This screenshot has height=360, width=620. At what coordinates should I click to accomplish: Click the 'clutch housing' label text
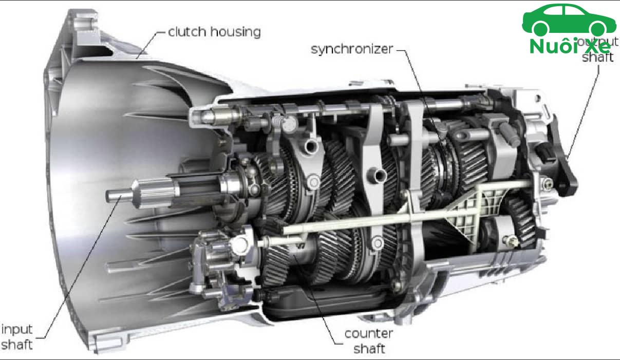214,32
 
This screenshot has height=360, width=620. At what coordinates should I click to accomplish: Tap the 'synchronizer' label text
352,49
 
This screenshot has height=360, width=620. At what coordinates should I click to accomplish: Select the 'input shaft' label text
17,336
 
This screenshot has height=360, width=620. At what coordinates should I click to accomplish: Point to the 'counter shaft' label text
368,341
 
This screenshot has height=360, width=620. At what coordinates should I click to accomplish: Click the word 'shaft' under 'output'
597,57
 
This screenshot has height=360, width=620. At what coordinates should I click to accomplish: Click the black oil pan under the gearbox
329,303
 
